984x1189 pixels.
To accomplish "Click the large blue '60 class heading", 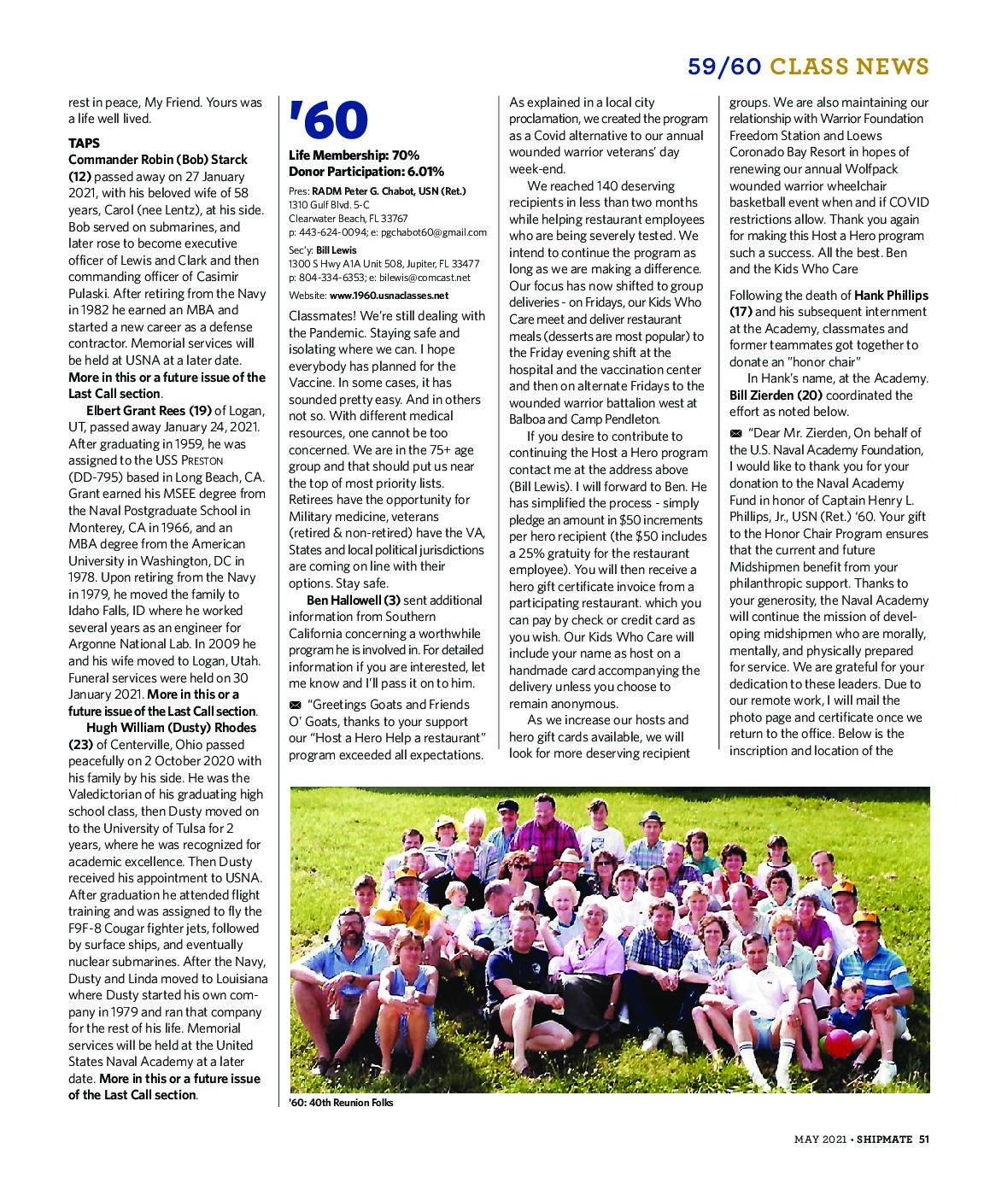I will (328, 121).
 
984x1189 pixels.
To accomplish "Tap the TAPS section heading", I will (84, 143).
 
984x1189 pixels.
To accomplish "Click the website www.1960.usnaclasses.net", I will (389, 296).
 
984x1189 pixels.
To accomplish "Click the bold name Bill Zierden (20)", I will (776, 395).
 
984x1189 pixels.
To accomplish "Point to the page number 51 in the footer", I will (923, 1138).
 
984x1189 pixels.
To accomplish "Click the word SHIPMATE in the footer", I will (884, 1138).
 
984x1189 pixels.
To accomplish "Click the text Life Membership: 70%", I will (354, 155).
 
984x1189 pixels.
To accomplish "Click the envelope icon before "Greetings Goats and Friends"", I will (295, 705).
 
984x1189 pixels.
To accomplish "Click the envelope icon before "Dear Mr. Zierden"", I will (735, 433).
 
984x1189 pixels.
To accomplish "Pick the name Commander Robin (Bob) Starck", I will (158, 160).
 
